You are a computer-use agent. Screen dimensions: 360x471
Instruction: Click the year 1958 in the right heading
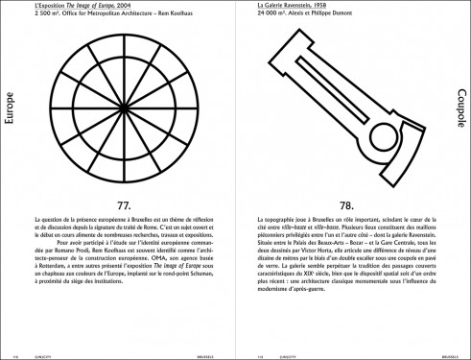(x=329, y=7)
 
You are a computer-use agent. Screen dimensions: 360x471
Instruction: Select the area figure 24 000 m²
(x=275, y=15)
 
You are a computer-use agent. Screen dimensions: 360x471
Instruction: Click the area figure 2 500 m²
(x=45, y=15)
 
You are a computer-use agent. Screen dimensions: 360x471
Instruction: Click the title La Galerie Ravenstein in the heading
(x=288, y=7)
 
